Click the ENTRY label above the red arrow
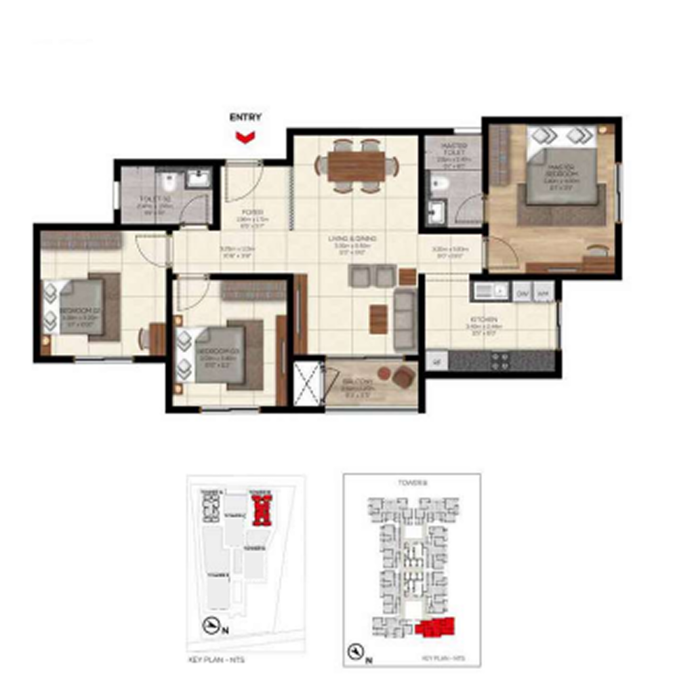[245, 117]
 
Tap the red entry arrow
[245, 138]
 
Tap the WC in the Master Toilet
[439, 183]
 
